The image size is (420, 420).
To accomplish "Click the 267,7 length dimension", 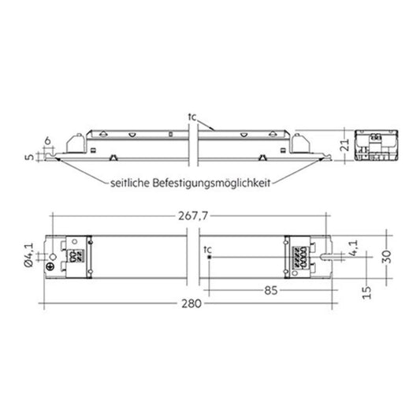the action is coord(193,216).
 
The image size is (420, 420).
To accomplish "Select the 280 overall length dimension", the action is coord(191,303).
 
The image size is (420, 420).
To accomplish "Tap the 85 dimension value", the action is coord(271,290).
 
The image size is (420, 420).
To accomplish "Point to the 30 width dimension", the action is coord(387,257).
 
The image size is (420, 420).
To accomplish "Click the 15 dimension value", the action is coord(366,292).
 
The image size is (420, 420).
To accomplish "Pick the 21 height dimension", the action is coord(346,145).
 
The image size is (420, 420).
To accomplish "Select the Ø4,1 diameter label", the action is coord(29,255).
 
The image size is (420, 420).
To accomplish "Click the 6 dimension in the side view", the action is coord(47,141).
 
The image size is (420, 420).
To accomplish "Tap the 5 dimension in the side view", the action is coord(30,157).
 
